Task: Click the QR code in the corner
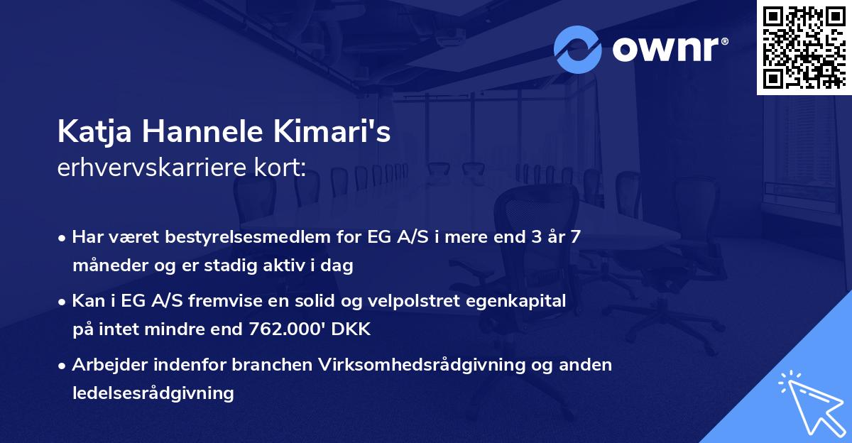click(x=804, y=48)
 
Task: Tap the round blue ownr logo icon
click(x=578, y=49)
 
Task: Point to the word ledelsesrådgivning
click(x=153, y=393)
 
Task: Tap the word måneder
click(x=106, y=266)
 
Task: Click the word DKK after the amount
click(x=353, y=329)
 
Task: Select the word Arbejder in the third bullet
click(x=105, y=365)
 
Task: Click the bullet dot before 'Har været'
click(x=63, y=238)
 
